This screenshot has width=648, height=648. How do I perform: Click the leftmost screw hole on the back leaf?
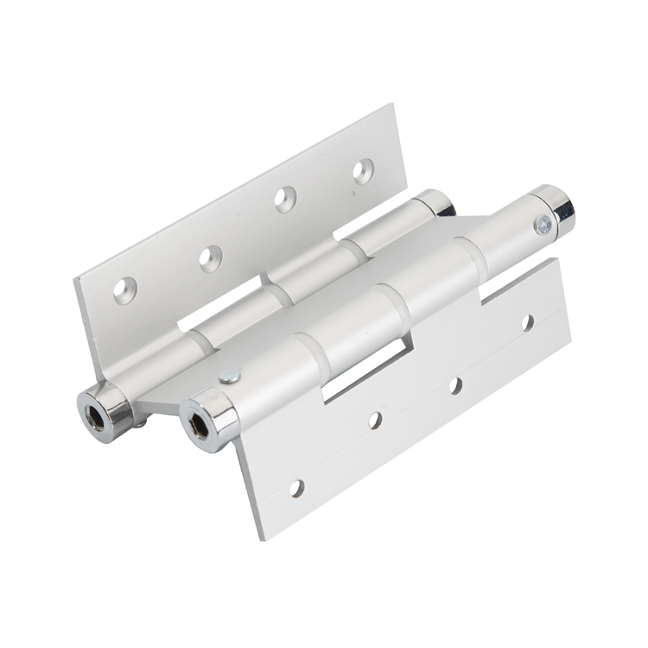tap(125, 289)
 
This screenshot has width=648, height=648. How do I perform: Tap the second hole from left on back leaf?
tap(210, 257)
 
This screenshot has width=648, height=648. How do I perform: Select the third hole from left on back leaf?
tap(285, 199)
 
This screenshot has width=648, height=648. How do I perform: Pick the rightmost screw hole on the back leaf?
tap(363, 170)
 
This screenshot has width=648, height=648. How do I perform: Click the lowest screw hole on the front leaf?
tap(296, 488)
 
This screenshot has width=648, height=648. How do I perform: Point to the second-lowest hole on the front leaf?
tap(375, 421)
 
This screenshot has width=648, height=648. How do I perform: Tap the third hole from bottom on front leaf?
tap(455, 385)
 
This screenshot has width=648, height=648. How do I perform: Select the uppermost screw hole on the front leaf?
tap(526, 322)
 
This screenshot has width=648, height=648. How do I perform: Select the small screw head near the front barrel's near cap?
tap(229, 376)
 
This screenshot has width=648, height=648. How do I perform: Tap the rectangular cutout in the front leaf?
tap(363, 372)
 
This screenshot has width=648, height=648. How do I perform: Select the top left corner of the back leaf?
tap(75, 279)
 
